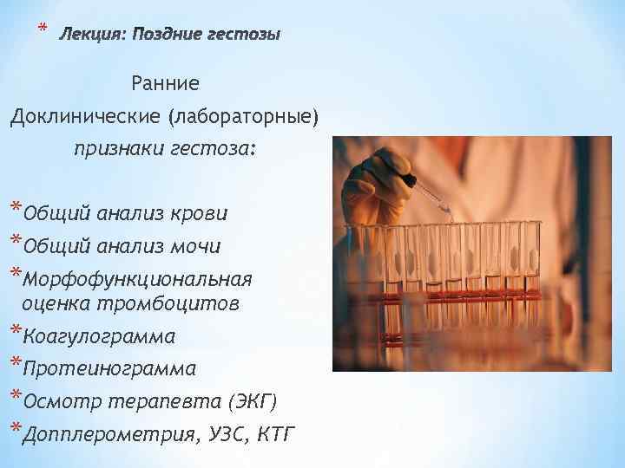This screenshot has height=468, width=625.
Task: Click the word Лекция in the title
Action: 90,35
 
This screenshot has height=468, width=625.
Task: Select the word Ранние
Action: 165,84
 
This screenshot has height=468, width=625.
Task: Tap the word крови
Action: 198,213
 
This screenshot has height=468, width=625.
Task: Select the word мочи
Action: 194,247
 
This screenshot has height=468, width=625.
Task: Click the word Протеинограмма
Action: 110,369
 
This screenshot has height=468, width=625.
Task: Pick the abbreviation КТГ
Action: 275,435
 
